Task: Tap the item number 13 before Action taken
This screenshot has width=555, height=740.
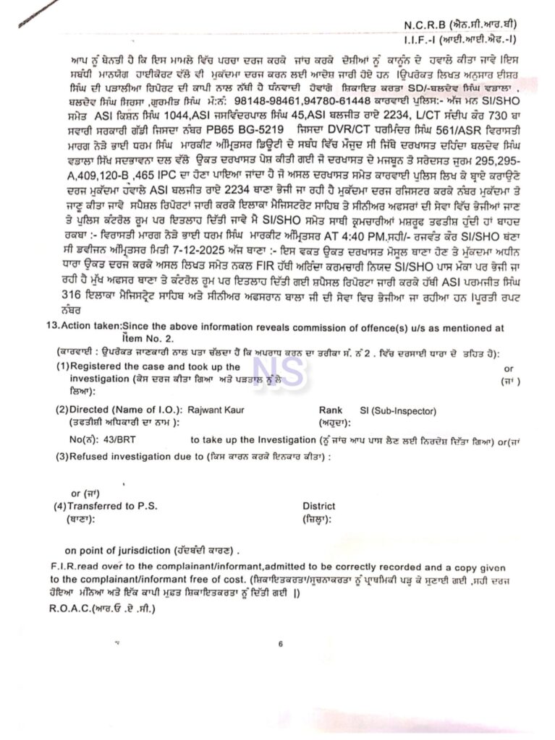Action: pyautogui.click(x=51, y=327)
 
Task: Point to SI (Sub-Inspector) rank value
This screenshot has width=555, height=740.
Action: pyautogui.click(x=398, y=410)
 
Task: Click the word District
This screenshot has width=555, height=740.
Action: pyautogui.click(x=318, y=506)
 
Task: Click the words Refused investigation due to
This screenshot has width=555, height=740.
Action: pyautogui.click(x=135, y=457)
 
